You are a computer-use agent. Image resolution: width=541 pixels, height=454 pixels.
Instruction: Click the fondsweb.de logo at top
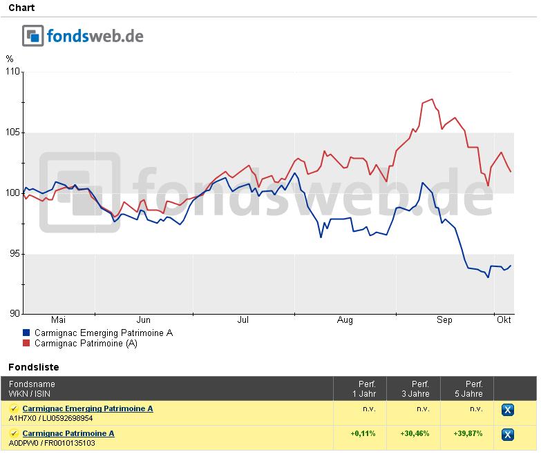(83, 35)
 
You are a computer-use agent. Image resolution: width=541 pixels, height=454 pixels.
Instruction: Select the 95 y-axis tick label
(12, 254)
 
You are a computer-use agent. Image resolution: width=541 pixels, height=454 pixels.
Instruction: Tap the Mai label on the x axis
(59, 320)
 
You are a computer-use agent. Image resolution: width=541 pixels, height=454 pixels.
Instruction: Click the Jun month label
(143, 320)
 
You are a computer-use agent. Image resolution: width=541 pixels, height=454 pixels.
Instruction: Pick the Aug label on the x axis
(345, 320)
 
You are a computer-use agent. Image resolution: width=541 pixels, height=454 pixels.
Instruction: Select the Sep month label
(444, 320)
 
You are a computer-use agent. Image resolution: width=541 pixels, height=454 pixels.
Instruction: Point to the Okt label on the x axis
(504, 320)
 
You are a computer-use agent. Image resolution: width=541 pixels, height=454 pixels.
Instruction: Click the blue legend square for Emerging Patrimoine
(27, 333)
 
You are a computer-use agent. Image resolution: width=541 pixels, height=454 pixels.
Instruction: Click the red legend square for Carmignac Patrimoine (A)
(27, 344)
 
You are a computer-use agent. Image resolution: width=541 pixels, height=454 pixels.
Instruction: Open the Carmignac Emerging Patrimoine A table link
(88, 408)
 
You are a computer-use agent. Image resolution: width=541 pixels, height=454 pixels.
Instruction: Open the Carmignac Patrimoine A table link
(68, 433)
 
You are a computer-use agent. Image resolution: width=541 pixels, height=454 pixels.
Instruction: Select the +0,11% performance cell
(362, 433)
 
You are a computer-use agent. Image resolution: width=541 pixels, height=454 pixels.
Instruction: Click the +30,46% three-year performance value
(415, 433)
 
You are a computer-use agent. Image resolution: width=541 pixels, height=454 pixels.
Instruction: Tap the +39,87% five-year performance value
(468, 433)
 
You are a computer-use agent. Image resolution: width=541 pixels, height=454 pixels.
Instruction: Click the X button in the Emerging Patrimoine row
(508, 410)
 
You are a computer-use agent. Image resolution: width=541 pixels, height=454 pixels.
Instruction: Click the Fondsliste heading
(34, 367)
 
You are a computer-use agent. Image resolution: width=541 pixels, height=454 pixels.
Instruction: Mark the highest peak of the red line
(432, 99)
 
